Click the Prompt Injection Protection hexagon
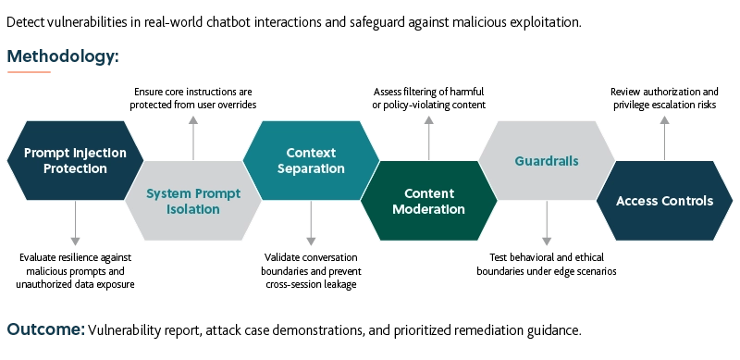[74, 160]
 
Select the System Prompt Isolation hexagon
[193, 201]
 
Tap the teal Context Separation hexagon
[311, 160]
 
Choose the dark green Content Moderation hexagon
[428, 201]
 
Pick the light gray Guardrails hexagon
[547, 160]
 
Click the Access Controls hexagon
[664, 201]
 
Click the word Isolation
[193, 209]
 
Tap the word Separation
[311, 168]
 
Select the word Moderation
[428, 209]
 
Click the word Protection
[74, 168]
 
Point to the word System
[168, 193]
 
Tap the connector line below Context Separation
[311, 226]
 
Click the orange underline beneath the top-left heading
[29, 71]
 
